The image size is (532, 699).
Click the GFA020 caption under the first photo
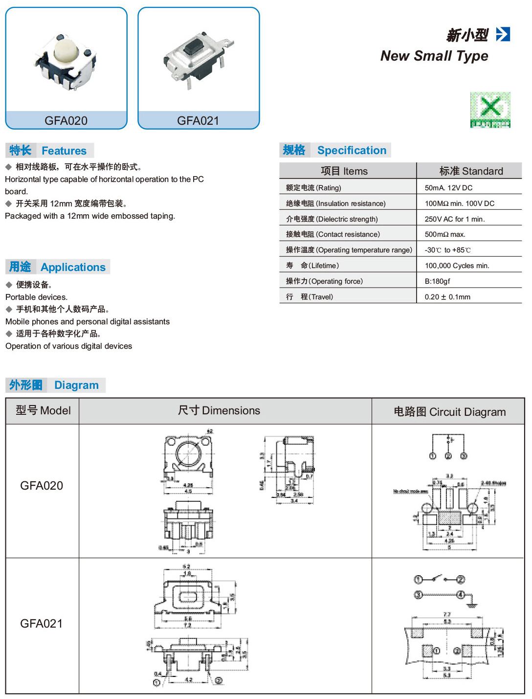(x=66, y=121)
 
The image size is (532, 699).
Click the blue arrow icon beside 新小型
(x=503, y=34)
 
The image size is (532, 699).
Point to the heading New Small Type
(x=434, y=56)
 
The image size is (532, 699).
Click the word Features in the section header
(x=64, y=151)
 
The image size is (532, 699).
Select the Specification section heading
(x=352, y=150)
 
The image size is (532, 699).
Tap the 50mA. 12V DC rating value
(x=448, y=188)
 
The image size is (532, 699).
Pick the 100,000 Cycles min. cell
(x=457, y=266)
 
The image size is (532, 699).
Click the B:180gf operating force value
(x=437, y=281)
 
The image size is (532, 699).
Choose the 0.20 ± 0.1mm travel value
(x=447, y=297)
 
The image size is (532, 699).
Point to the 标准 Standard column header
(x=471, y=171)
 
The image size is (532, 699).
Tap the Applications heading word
(x=73, y=267)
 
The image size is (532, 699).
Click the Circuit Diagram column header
(x=449, y=412)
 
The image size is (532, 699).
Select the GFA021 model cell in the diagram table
(x=42, y=624)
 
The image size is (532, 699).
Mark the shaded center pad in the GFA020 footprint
(x=449, y=518)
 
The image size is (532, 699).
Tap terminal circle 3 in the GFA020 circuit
(x=464, y=456)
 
